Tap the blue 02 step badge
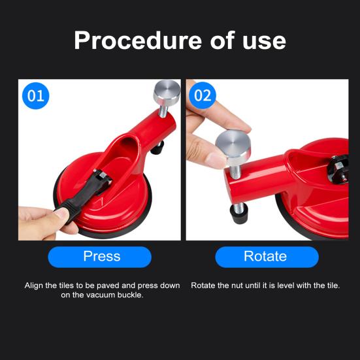[203, 96]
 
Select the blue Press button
[101, 256]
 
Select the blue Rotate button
[265, 256]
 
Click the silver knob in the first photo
[167, 93]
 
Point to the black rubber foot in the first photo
[157, 149]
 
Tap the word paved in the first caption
[108, 286]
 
